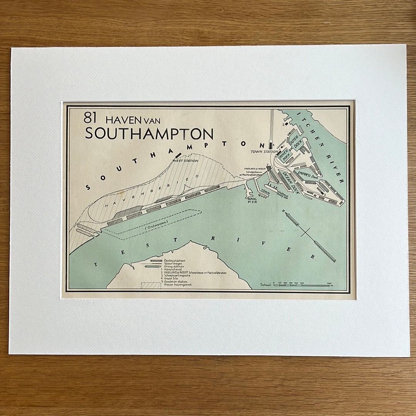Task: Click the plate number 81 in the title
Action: (x=90, y=118)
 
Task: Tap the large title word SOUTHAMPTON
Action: (x=149, y=134)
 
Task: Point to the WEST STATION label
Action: (x=185, y=160)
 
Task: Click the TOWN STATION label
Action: (x=264, y=152)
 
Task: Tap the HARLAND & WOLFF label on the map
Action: (x=255, y=169)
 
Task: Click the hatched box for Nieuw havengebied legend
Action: (x=151, y=285)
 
